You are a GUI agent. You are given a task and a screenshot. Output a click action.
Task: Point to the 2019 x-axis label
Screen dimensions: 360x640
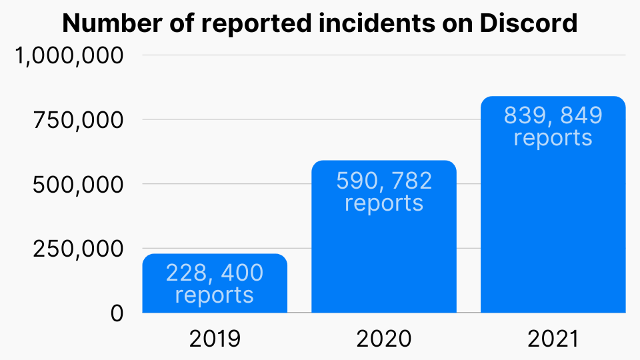pyautogui.click(x=215, y=339)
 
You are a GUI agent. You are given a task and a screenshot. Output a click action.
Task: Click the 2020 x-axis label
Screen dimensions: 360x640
pyautogui.click(x=384, y=339)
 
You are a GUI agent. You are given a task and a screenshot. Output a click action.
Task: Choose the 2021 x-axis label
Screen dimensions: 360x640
pyautogui.click(x=553, y=339)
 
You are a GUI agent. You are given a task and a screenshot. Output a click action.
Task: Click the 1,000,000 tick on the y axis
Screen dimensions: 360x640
pyautogui.click(x=70, y=56)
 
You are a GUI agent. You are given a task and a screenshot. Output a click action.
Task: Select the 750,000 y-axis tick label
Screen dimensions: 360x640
pyautogui.click(x=79, y=121)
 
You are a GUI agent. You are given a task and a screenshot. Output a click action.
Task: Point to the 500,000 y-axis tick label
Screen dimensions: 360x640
pyautogui.click(x=79, y=185)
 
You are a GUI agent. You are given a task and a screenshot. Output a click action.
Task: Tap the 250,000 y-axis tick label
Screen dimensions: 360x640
pyautogui.click(x=79, y=249)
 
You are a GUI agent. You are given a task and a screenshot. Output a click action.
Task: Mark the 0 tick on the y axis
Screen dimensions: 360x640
pyautogui.click(x=117, y=313)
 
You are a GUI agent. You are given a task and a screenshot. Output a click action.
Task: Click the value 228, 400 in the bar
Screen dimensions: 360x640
pyautogui.click(x=215, y=273)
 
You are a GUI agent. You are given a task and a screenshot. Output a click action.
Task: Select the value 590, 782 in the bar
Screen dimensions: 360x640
pyautogui.click(x=384, y=181)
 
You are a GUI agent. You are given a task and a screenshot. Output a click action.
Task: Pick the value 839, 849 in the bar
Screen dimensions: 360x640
pyautogui.click(x=553, y=116)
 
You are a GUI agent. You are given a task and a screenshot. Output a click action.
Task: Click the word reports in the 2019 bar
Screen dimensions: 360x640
pyautogui.click(x=215, y=295)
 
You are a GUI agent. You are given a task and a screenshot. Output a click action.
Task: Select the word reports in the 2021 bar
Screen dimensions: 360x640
pyautogui.click(x=553, y=137)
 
